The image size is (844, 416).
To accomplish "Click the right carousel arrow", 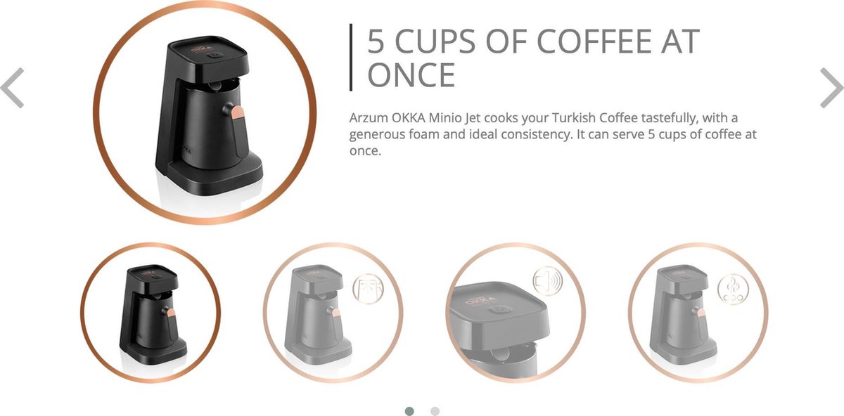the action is (831, 88).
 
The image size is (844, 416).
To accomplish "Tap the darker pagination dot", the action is (409, 410).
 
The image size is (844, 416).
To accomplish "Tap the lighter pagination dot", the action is (435, 410).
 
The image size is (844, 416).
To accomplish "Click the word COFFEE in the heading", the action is (594, 41).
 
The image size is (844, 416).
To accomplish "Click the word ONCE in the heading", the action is (411, 75).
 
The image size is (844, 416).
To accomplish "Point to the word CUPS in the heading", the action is (435, 41).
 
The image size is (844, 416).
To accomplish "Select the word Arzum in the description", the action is (368, 118).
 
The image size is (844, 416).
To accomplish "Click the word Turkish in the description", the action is (573, 118).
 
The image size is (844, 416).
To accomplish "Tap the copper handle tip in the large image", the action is (238, 112).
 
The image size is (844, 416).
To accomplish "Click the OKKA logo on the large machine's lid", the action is (202, 49).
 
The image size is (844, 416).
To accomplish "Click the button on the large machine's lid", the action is (215, 56).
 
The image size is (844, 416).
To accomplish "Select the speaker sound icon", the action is (548, 281).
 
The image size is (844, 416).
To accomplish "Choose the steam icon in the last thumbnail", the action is (733, 289).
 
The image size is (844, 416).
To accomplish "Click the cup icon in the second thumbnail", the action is (368, 289).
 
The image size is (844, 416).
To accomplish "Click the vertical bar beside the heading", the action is (351, 57).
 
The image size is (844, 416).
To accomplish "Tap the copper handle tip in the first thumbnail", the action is (171, 312).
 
